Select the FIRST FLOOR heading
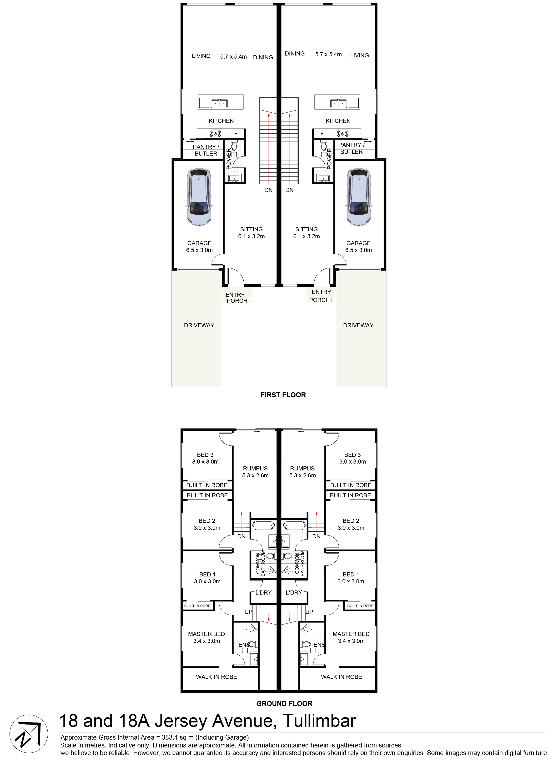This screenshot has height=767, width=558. click(x=283, y=395)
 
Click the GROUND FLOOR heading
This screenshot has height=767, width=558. click(x=284, y=703)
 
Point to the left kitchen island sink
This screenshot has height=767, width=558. click(x=219, y=103)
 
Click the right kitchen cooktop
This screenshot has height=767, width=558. click(x=342, y=134)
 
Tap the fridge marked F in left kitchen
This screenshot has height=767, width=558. click(x=236, y=134)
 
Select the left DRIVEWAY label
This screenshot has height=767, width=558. click(x=199, y=325)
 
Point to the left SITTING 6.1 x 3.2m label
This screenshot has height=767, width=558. click(x=251, y=233)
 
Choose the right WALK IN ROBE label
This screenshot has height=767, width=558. click(x=341, y=677)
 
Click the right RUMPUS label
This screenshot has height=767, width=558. click(x=302, y=468)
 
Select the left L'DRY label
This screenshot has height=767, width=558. click(x=263, y=592)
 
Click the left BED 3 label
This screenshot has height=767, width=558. click(x=205, y=455)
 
